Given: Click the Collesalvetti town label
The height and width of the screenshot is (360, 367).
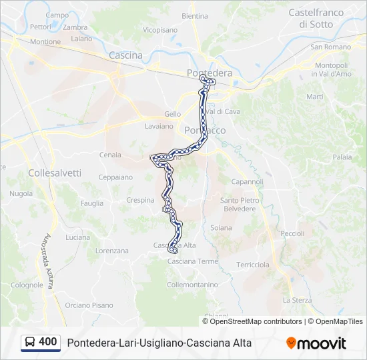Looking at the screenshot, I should point(55,173).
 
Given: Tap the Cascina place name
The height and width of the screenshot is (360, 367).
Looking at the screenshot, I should point(125,55).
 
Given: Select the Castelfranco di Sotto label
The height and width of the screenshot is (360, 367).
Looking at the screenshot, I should point(316,18).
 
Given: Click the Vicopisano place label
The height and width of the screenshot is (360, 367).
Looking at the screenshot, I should point(160,30).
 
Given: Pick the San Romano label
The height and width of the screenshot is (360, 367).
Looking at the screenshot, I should point(330,47).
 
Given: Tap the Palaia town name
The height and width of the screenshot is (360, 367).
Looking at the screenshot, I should point(342,157).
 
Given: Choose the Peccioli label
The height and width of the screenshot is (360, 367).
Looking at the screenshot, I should point(292,233).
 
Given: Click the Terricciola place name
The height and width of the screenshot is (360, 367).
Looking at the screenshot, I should point(253,265).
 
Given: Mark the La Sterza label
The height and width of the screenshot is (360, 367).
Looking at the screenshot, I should point(297,300).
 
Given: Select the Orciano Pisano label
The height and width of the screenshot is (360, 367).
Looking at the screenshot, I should point(89,305).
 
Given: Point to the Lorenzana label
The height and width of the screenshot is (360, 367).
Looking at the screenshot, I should point(111,251).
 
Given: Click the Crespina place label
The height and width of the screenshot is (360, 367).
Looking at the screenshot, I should point(140,200).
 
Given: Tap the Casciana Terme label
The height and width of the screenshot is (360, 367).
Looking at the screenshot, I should point(192,261).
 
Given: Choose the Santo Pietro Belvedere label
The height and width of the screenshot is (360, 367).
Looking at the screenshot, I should point(238,204).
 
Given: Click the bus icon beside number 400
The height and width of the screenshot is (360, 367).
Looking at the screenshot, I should point(30,342).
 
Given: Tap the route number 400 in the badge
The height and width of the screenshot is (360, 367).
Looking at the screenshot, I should point(48,342).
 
